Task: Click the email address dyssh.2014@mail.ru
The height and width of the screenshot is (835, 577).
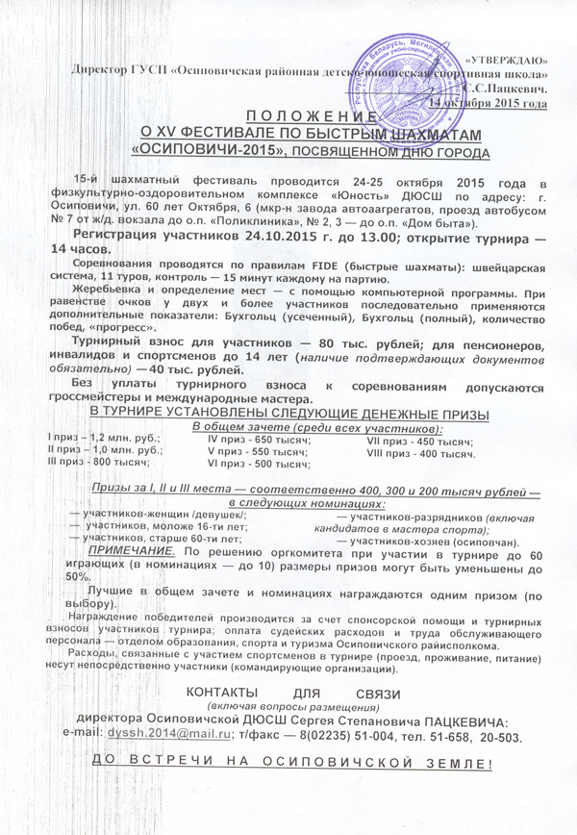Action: pos(161,736)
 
